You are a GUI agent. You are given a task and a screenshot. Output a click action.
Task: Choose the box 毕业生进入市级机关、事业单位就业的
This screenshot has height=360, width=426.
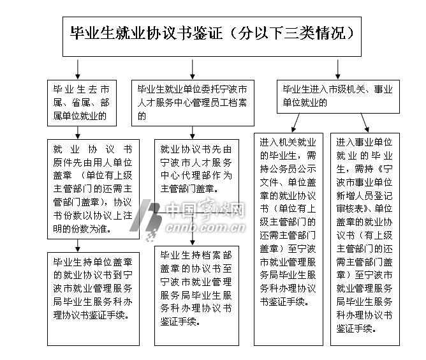click(x=339, y=96)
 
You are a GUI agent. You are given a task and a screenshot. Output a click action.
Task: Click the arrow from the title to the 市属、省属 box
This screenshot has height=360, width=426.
click(x=78, y=68)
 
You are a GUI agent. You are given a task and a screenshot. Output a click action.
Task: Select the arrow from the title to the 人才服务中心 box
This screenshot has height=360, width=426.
click(x=193, y=68)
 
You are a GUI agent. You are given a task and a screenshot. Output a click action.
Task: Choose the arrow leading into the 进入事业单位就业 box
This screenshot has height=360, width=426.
click(x=364, y=122)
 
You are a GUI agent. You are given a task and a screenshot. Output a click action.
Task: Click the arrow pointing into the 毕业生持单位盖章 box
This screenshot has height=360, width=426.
click(x=78, y=243)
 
